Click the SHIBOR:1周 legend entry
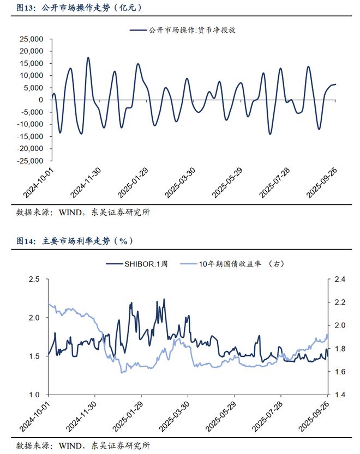pyautogui.click(x=137, y=264)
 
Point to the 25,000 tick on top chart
pyautogui.click(x=32, y=39)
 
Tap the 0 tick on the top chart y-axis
pyautogui.click(x=42, y=100)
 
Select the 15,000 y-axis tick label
pyautogui.click(x=32, y=63)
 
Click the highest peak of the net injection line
pyautogui.click(x=88, y=57)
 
